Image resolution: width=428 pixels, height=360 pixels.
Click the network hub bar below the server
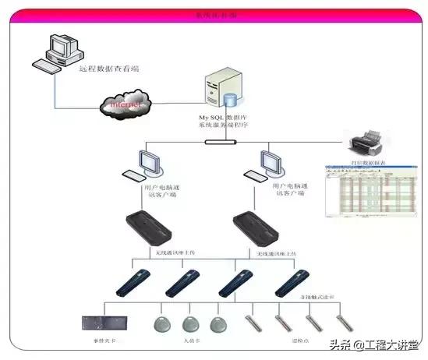[221, 142]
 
